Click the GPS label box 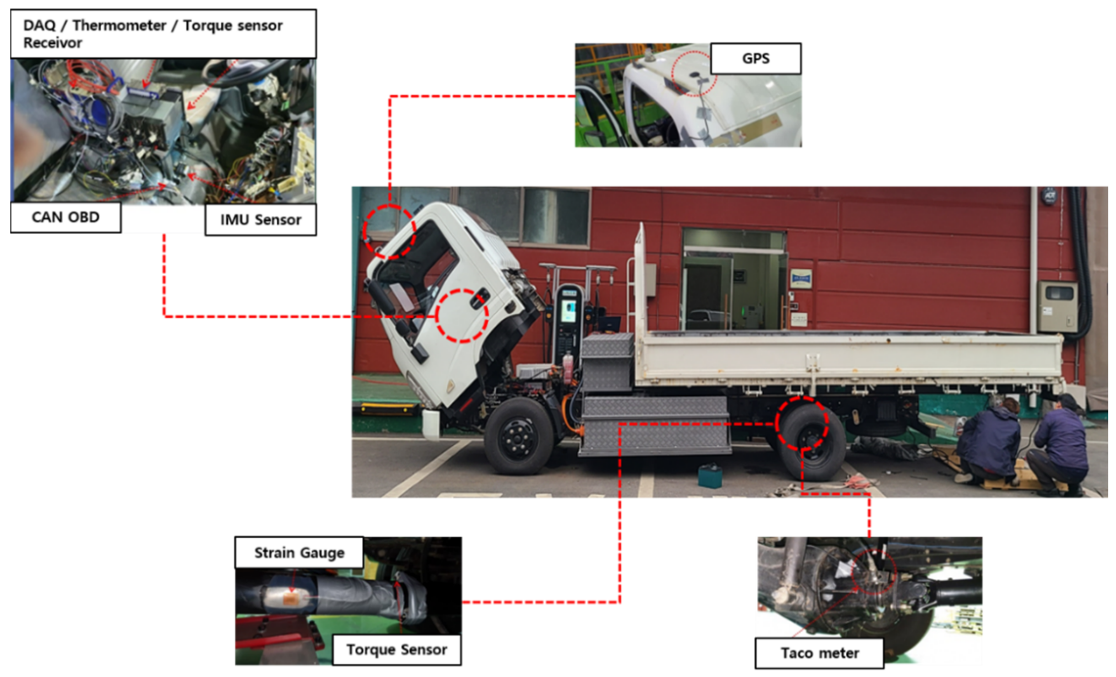(755, 58)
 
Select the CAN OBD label (66, 217)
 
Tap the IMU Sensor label (260, 220)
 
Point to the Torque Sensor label (397, 649)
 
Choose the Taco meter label (819, 653)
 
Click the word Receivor (53, 43)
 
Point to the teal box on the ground (710, 477)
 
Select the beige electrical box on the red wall (1058, 306)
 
